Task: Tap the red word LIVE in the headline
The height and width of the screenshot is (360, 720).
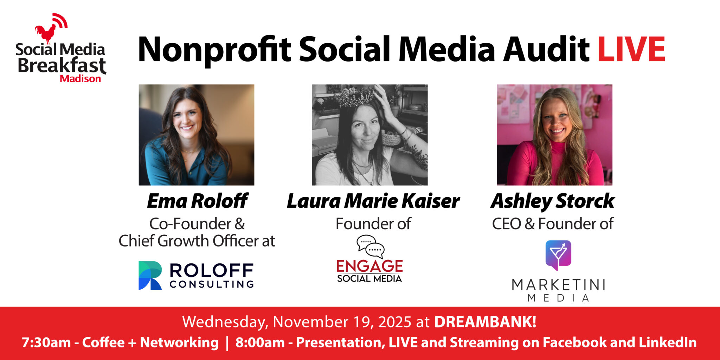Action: [x=631, y=49]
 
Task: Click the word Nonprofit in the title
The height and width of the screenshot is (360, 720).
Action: [x=214, y=50]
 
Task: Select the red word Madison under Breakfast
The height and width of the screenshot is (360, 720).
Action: [x=81, y=78]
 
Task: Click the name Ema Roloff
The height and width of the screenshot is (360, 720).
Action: [x=197, y=201]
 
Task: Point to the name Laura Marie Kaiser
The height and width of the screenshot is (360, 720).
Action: [x=373, y=201]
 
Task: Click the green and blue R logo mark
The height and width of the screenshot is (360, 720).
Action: [x=150, y=275]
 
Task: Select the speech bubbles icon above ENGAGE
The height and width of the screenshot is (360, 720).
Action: [x=371, y=246]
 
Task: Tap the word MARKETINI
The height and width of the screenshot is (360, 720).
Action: [x=558, y=285]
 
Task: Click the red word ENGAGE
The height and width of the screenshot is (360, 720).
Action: [x=369, y=266]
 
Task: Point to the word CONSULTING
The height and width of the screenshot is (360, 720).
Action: [x=212, y=284]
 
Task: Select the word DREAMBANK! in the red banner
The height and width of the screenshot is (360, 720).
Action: [x=485, y=322]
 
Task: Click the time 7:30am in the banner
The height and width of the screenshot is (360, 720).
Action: [x=46, y=342]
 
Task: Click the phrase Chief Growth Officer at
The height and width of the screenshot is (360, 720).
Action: [x=197, y=241]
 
